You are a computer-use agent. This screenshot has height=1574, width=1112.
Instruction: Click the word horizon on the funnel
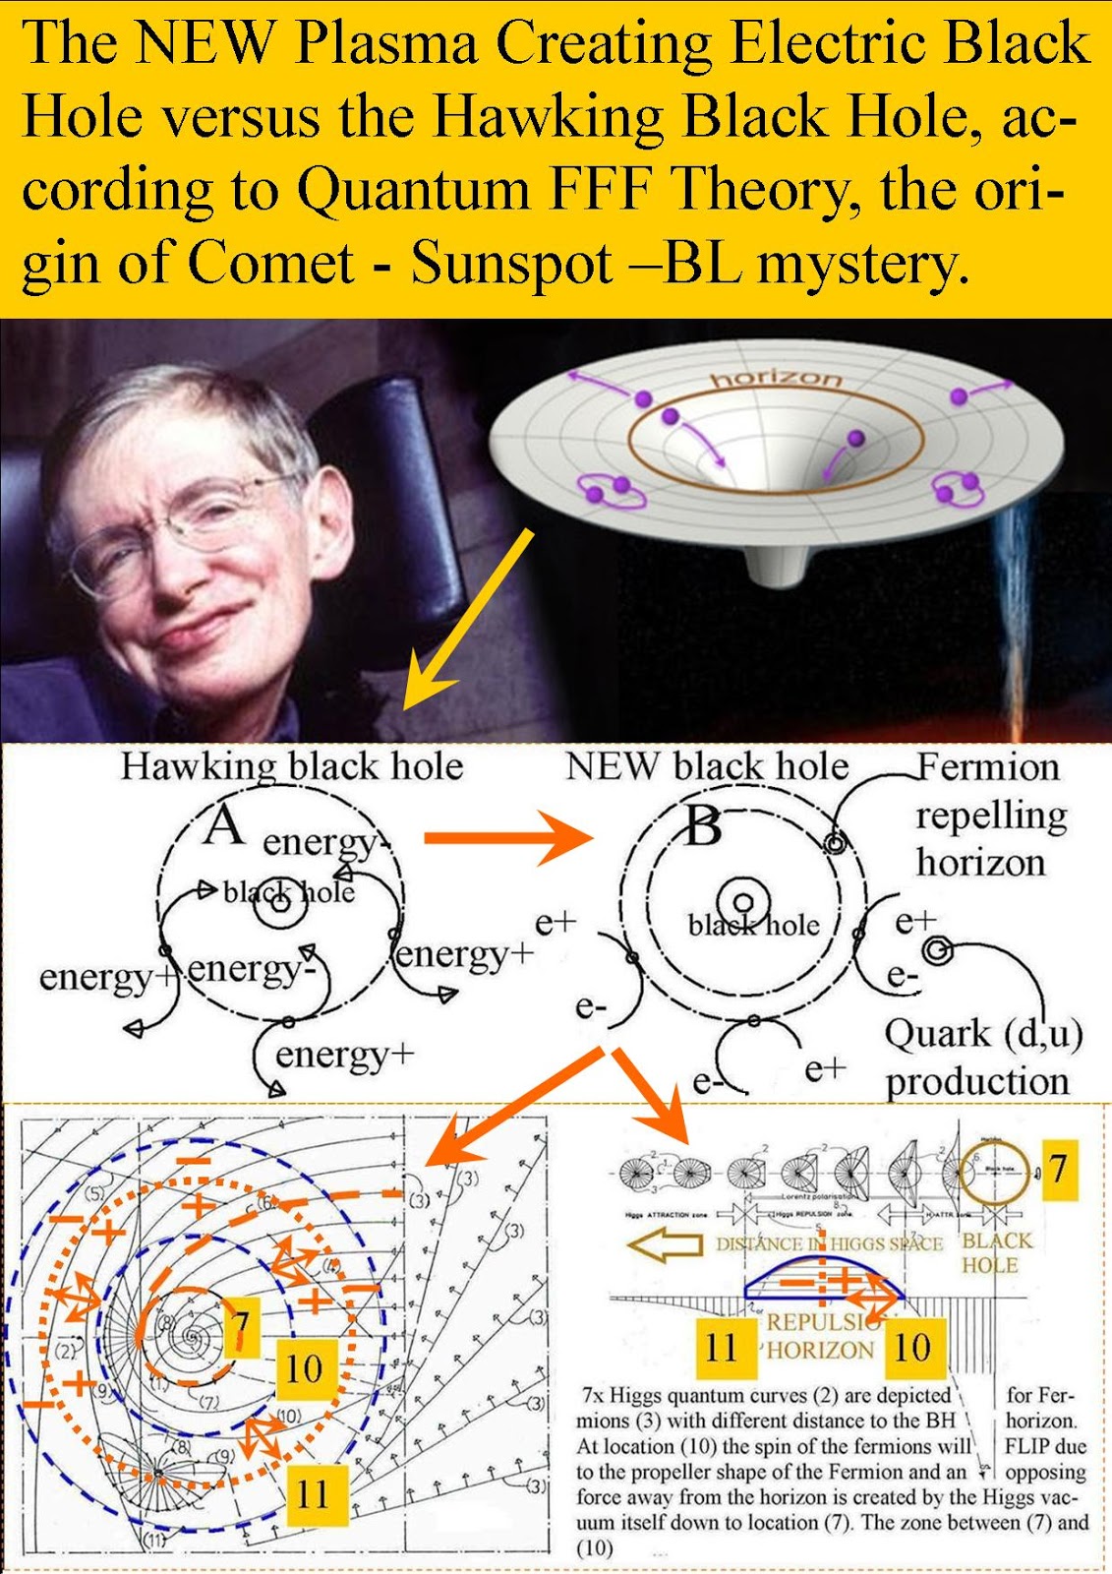tap(776, 379)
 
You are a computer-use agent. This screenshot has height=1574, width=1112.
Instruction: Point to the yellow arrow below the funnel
tap(469, 620)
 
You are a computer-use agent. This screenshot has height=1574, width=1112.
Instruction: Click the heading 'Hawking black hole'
tap(291, 766)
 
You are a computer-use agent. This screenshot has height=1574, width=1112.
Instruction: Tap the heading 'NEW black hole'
tap(706, 766)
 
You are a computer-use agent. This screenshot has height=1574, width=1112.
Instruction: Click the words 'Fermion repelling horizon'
tap(987, 815)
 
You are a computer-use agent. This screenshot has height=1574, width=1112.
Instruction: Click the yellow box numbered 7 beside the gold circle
tap(1056, 1169)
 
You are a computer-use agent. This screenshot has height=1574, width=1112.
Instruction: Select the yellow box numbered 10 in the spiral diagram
tap(303, 1367)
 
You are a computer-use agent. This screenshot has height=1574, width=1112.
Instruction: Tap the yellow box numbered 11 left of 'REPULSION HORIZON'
tap(721, 1346)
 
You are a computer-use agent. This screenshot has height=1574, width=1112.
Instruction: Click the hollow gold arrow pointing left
tap(665, 1244)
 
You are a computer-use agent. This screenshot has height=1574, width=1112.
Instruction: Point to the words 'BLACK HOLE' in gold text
tap(995, 1252)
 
